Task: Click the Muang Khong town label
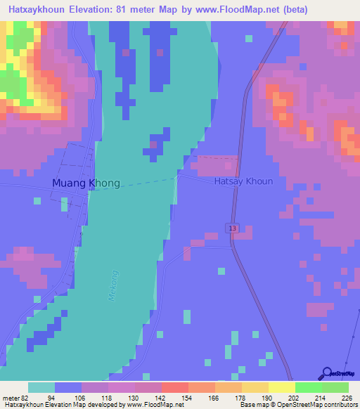click(86, 183)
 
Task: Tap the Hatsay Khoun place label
click(243, 181)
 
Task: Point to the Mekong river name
click(114, 285)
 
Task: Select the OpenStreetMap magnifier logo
click(326, 372)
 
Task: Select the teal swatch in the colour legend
click(41, 387)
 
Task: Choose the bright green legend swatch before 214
click(309, 387)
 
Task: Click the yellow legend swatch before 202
click(282, 387)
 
